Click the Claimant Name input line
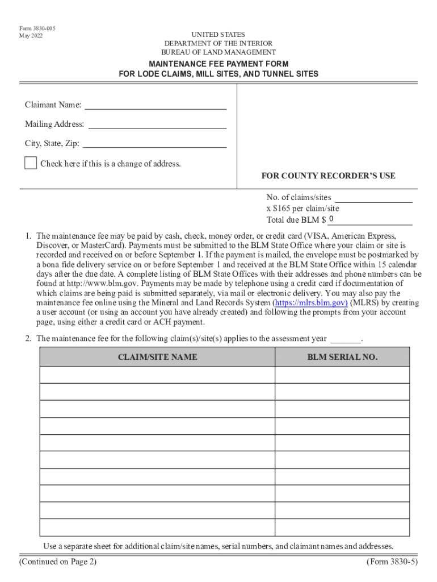(156, 105)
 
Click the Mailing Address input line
(157, 124)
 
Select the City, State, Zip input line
(154, 143)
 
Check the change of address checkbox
(31, 164)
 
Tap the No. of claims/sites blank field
(373, 198)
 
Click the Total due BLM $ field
(370, 220)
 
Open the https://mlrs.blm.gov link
(310, 303)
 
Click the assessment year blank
(346, 339)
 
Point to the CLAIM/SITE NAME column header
(157, 357)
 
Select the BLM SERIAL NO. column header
(342, 357)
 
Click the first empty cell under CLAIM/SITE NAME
(157, 375)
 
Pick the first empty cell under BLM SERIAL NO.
(342, 375)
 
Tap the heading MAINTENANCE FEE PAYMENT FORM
(218, 64)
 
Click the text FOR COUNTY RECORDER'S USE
(328, 176)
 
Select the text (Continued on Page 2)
(57, 562)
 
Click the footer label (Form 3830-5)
(392, 562)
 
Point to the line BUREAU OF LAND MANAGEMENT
(218, 52)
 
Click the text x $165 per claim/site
(303, 209)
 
